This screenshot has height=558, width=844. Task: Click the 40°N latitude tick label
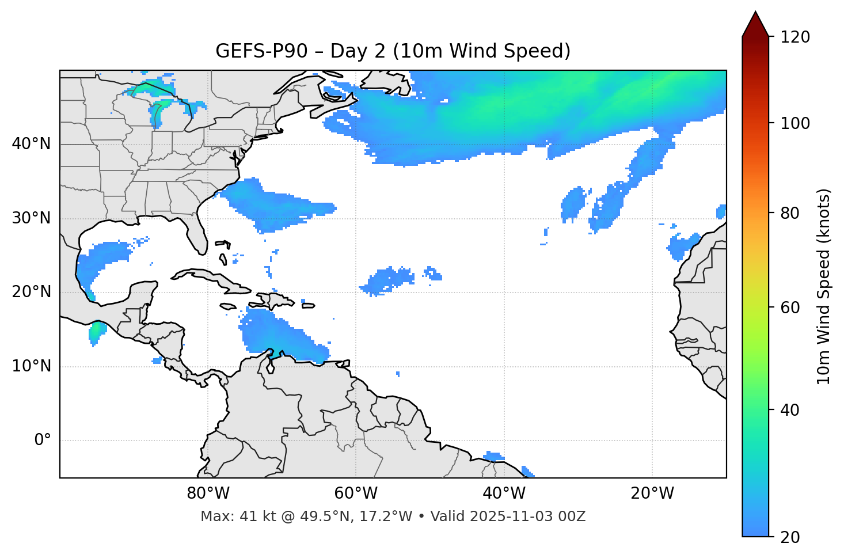click(x=31, y=144)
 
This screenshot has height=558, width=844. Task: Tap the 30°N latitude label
click(x=31, y=218)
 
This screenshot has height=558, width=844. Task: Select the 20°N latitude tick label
click(x=31, y=292)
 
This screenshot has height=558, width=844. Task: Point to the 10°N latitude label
click(x=31, y=366)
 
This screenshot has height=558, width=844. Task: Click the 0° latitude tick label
click(x=43, y=441)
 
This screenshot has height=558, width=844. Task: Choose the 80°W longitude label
click(x=208, y=494)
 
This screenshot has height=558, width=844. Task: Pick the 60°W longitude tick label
click(x=356, y=494)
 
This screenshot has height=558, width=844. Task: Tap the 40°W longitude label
click(x=504, y=494)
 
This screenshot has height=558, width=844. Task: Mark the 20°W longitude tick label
click(x=652, y=494)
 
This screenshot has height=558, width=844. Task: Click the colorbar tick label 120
click(x=794, y=37)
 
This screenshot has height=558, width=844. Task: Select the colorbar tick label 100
click(x=794, y=123)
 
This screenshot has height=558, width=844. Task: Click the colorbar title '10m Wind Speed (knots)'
click(x=824, y=286)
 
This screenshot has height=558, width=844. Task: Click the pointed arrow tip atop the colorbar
click(x=755, y=14)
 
